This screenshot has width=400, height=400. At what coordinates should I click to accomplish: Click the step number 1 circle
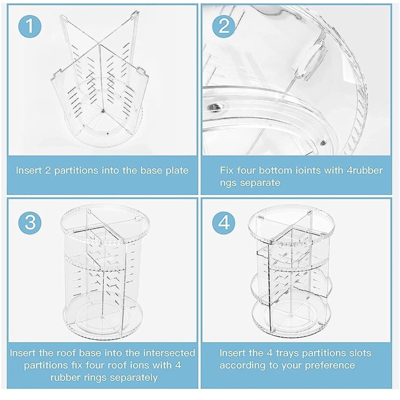30,26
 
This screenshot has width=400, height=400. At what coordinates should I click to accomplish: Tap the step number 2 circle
224,26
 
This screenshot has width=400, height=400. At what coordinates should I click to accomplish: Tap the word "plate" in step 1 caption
177,171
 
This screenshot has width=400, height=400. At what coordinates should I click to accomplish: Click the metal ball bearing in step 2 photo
215,107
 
